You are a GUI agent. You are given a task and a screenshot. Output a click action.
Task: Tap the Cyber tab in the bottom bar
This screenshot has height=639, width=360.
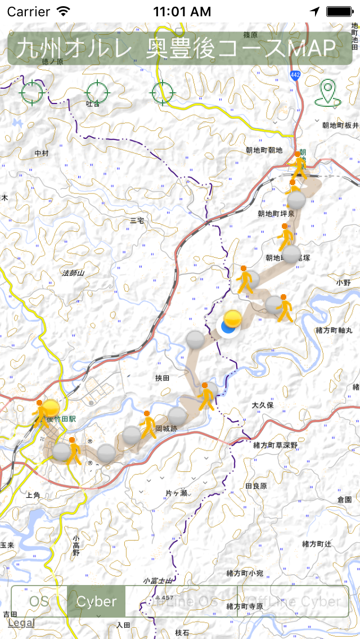pyautogui.click(x=96, y=601)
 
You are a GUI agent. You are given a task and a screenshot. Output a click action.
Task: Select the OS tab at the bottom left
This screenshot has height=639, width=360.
pyautogui.click(x=39, y=601)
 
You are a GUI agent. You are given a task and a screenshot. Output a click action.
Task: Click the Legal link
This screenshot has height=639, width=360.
pyautogui.click(x=21, y=623)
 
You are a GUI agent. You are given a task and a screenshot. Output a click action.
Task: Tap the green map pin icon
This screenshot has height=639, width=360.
pyautogui.click(x=328, y=93)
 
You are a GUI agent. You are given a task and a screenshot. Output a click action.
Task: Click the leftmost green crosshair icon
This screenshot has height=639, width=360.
pyautogui.click(x=32, y=91)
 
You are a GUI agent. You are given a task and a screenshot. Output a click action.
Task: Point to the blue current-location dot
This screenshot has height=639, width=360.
pyautogui.click(x=228, y=327)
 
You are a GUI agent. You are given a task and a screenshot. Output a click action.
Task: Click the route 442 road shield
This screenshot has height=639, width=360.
pyautogui.click(x=295, y=74)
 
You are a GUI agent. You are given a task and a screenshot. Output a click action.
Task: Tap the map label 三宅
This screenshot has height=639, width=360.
pyautogui.click(x=137, y=220)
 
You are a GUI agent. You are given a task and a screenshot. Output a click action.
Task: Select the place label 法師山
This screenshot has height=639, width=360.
pyautogui.click(x=73, y=273)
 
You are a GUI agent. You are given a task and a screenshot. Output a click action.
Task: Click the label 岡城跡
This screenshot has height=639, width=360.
pyautogui.click(x=166, y=428)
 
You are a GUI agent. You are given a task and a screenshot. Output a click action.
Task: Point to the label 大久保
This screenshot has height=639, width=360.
pyautogui.click(x=262, y=405)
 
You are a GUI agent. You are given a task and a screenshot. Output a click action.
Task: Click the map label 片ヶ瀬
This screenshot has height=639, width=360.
pyautogui.click(x=176, y=493)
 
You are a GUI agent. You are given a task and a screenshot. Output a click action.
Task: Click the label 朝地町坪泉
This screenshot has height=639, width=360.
pyautogui.click(x=276, y=214)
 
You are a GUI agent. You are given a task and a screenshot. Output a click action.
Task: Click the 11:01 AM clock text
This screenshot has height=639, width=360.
pyautogui.click(x=182, y=11)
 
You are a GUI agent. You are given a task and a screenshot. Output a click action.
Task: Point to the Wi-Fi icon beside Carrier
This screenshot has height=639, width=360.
pyautogui.click(x=64, y=11)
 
